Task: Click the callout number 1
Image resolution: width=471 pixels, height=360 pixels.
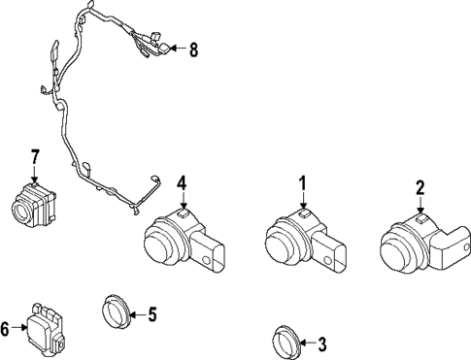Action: coord(302,181)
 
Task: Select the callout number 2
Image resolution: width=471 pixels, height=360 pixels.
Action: coord(421,187)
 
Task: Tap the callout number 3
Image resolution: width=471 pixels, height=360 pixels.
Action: coord(323,343)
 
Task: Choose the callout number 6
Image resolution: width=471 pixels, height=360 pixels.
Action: coord(7,330)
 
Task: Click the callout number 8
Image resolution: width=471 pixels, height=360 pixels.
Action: coord(192,49)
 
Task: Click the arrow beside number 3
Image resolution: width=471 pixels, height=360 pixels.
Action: coord(308,343)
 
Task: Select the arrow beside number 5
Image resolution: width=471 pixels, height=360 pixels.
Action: coord(136,313)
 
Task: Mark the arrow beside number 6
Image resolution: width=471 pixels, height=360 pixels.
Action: coord(20,330)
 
